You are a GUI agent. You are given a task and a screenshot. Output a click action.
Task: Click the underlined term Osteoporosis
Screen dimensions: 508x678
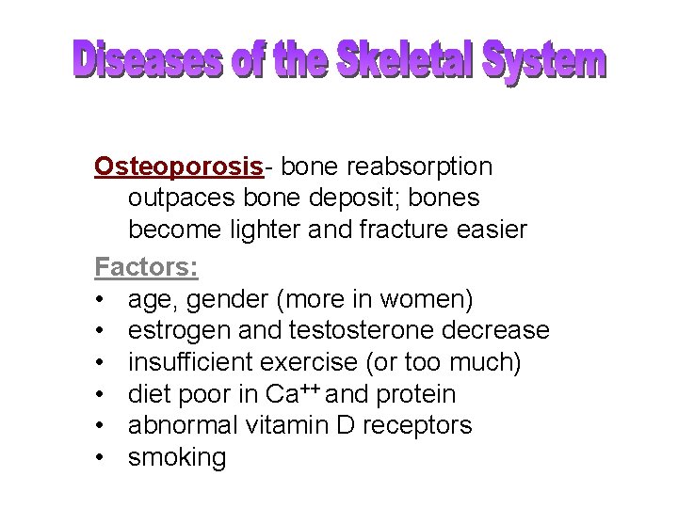point(178,167)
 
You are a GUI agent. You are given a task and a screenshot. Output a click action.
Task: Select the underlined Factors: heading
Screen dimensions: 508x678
point(146,266)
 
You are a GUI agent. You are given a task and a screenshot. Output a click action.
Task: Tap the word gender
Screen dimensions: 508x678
point(233,299)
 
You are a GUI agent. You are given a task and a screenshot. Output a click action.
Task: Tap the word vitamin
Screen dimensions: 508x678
point(286,426)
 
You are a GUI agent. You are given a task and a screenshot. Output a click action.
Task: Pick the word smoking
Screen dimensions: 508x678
point(177,459)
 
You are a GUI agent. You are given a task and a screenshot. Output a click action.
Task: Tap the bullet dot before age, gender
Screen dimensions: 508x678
point(99,300)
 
